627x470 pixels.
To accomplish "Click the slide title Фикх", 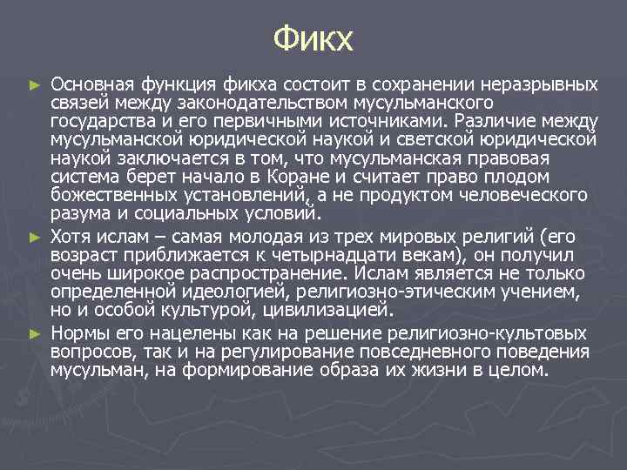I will click(313, 39).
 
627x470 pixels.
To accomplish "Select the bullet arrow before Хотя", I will click(35, 236).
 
